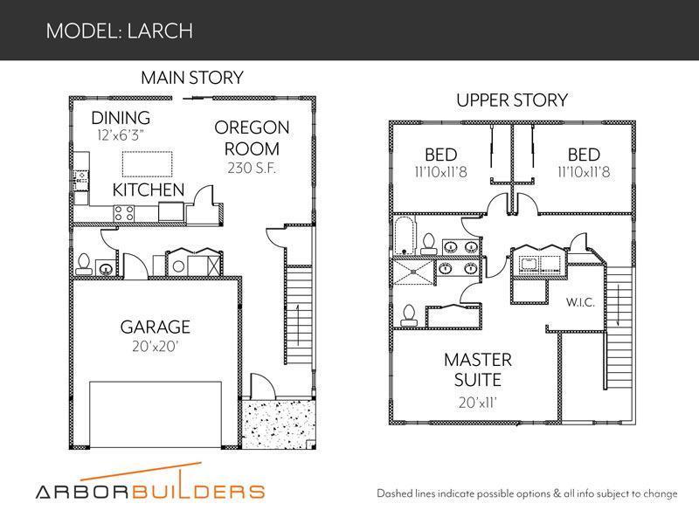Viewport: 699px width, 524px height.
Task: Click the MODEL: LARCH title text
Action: pos(120,31)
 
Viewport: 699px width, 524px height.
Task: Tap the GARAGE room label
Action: pos(156,327)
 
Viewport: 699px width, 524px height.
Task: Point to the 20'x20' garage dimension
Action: pos(156,346)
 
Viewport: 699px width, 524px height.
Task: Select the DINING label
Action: pos(121,118)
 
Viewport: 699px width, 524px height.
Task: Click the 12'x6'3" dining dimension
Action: pos(121,135)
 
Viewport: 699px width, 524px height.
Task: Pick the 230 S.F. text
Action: pos(252,168)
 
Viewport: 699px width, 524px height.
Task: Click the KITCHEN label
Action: pos(149,190)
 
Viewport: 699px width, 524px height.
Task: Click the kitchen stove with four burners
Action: pos(124,213)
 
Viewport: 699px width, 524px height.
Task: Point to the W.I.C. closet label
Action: pos(580,302)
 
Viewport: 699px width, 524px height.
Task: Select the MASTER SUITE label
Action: pos(478,369)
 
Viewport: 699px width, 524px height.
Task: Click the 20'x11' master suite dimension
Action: pos(478,403)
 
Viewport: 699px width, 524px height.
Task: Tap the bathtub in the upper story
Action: pos(405,236)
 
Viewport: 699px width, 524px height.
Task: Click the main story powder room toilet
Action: pos(84,264)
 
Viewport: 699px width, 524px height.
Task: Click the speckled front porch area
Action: pos(279,424)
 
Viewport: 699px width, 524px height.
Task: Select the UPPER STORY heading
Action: pos(512,100)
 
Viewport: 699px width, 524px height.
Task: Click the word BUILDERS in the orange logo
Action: pos(198,492)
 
